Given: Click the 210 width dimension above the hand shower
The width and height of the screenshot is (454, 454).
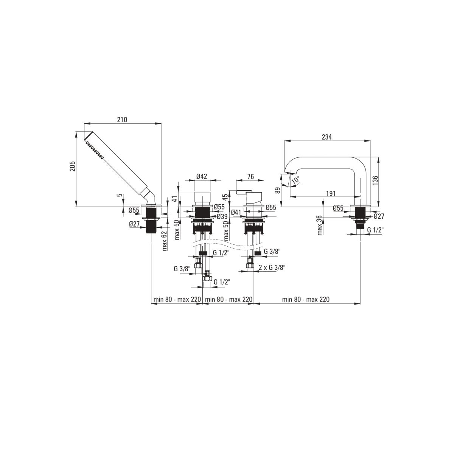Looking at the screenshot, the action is coord(122,120).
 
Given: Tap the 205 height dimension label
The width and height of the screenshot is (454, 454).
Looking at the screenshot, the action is coord(73,166).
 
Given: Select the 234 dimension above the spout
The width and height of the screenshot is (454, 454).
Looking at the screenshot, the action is coord(327,137).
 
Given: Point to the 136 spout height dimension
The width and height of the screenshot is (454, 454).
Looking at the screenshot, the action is coord(375,180).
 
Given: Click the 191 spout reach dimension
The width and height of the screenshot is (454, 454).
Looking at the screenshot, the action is coord(331,193).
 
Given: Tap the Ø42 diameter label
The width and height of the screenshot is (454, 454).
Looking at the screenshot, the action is coord(202,176).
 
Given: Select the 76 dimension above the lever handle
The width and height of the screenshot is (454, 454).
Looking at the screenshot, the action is coord(251,176).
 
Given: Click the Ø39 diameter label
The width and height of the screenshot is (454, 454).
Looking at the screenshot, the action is coord(222,216).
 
